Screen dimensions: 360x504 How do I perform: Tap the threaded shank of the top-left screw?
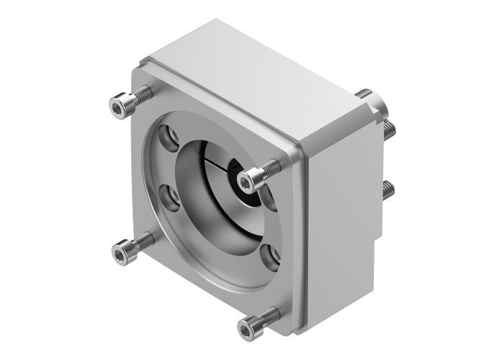pos(143,94)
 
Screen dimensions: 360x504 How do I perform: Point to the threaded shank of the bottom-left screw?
pos(144,240)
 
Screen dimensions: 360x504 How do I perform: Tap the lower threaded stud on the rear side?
pos(390,191)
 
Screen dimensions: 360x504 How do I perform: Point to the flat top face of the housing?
pos(252,79)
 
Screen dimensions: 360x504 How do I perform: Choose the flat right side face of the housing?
pos(342,216)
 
